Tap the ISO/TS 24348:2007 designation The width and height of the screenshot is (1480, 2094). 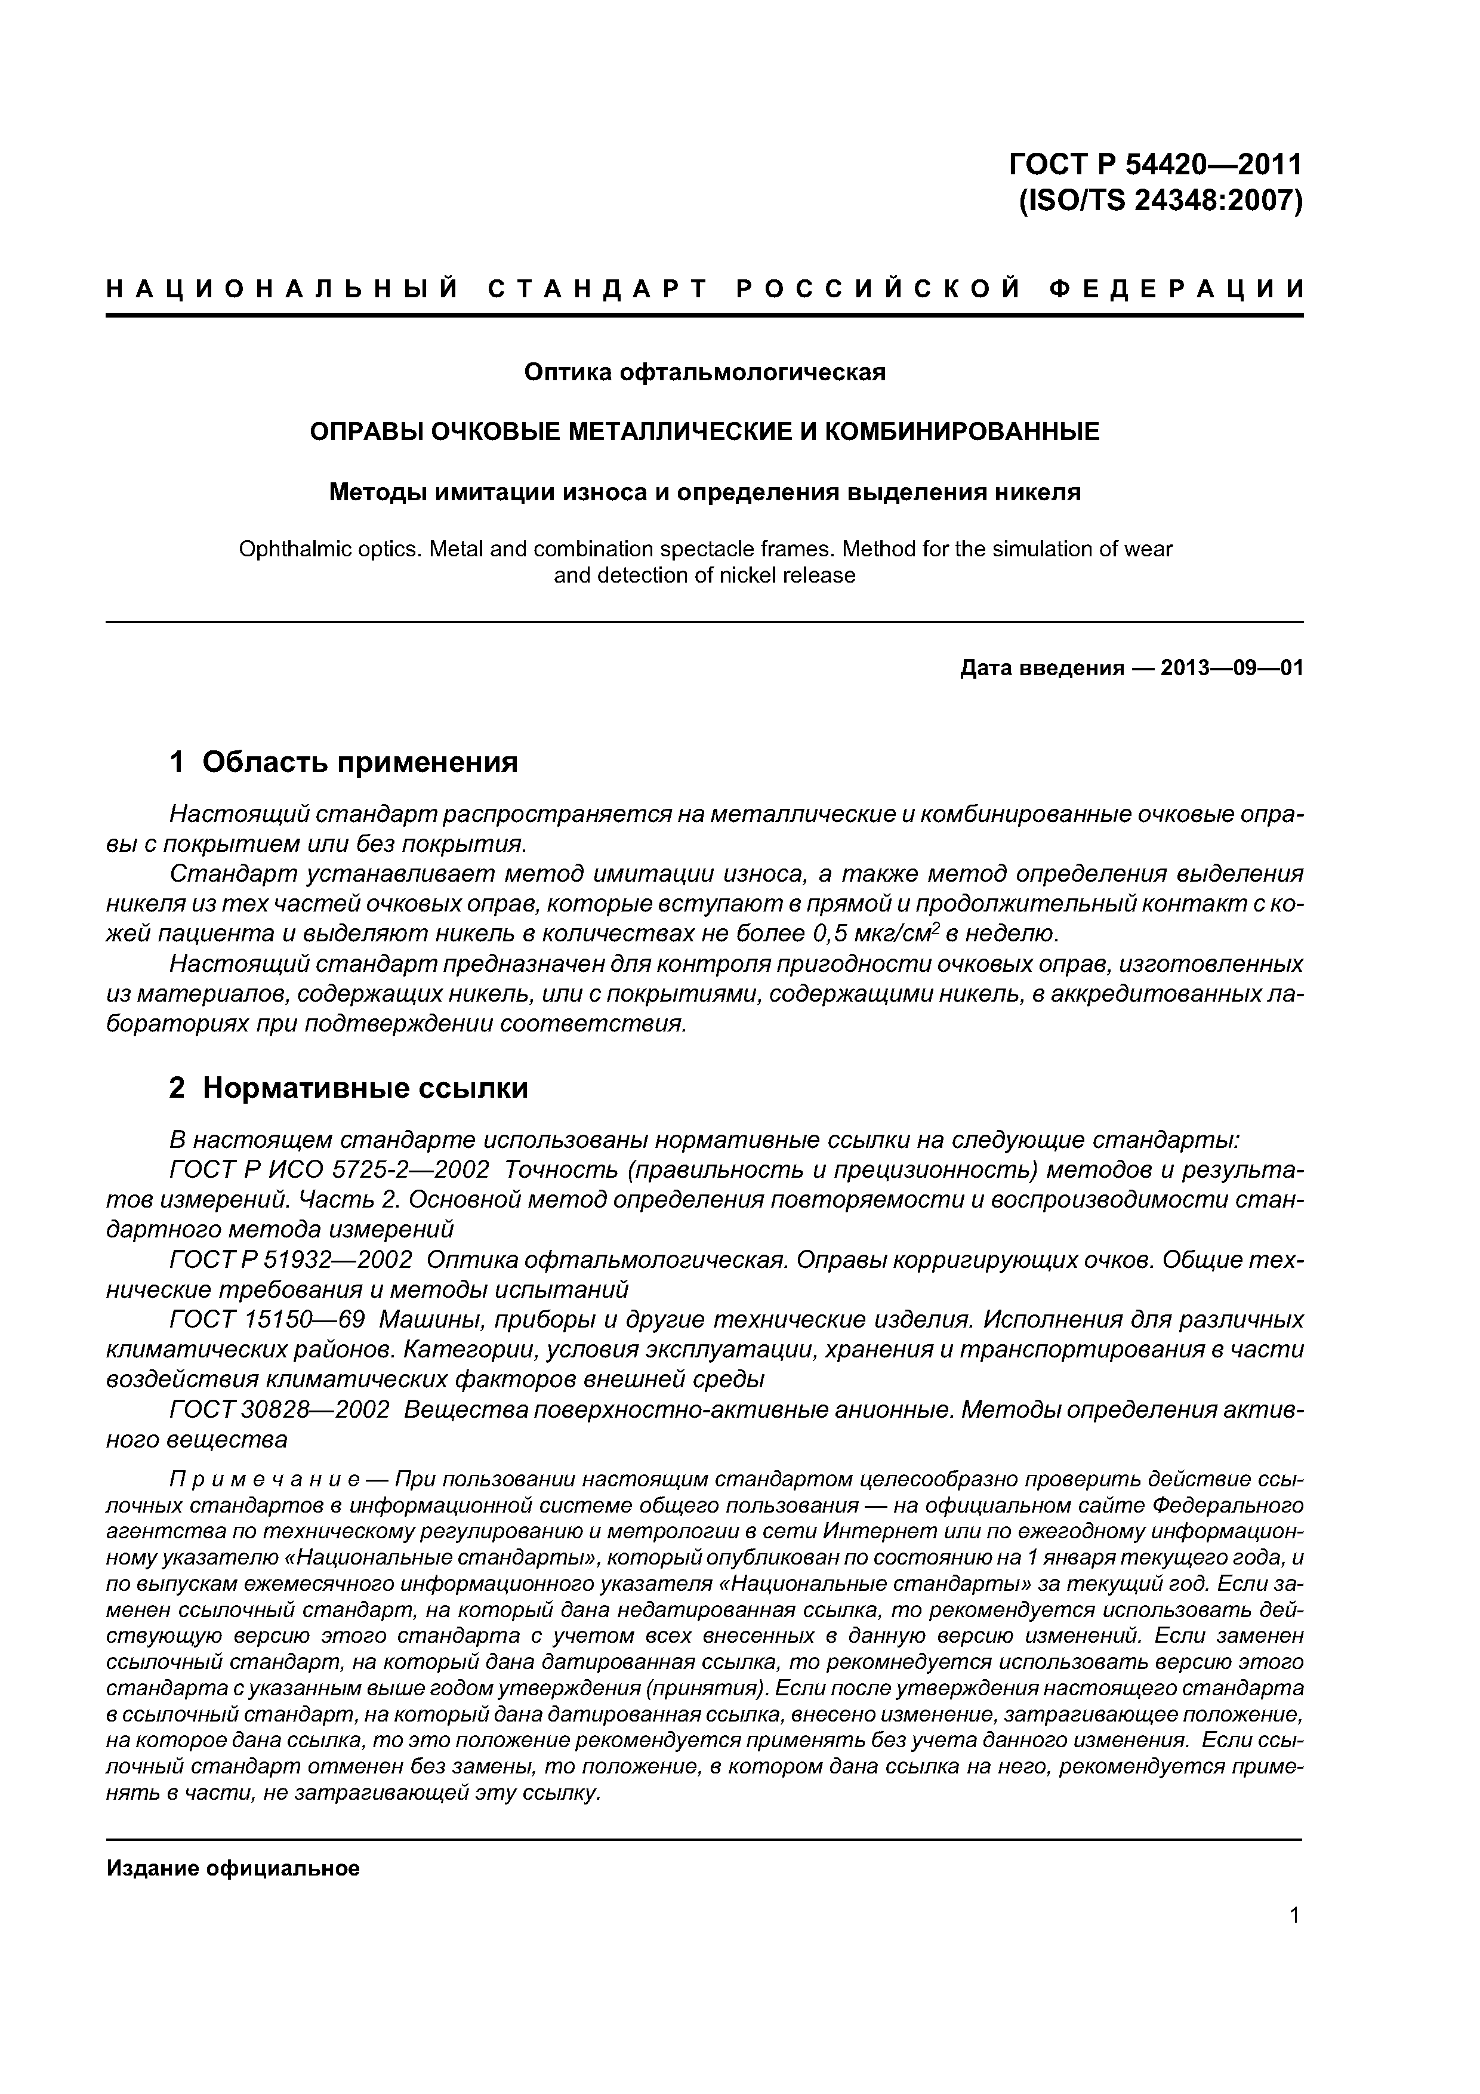pyautogui.click(x=1160, y=201)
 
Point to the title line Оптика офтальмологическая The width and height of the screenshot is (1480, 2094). pyautogui.click(x=704, y=372)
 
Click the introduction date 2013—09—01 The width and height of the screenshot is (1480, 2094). pyautogui.click(x=1231, y=669)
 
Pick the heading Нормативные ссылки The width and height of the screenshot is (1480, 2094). pyautogui.click(x=365, y=1088)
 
